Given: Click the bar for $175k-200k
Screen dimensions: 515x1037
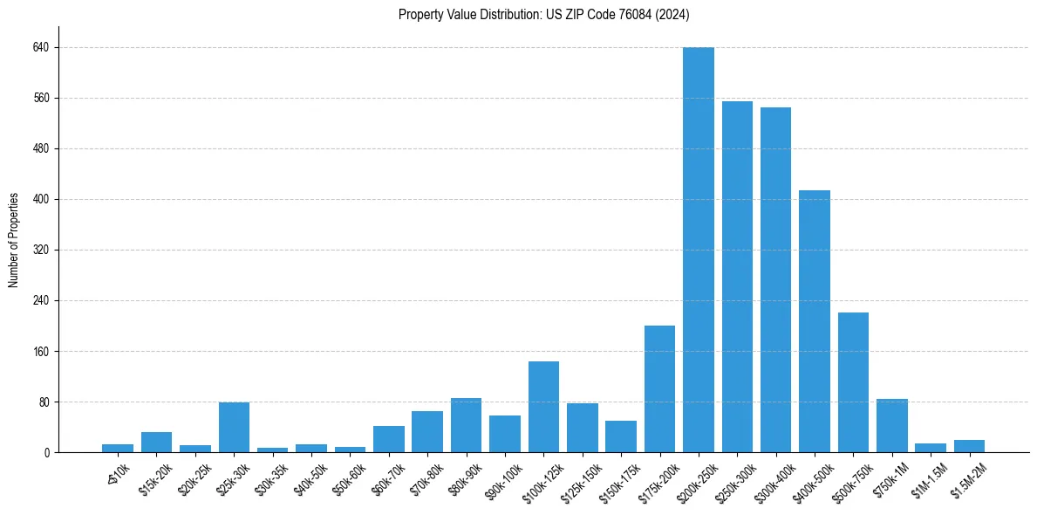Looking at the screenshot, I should click(x=659, y=389).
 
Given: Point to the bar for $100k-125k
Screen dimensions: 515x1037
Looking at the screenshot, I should click(x=543, y=407).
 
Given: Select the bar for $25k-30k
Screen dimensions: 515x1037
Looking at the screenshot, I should click(x=234, y=428).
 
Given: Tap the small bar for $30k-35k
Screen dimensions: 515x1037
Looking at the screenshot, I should click(x=272, y=450).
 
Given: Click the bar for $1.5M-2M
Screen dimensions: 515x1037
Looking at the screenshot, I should click(x=969, y=446).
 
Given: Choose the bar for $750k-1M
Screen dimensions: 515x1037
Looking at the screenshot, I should click(x=891, y=426).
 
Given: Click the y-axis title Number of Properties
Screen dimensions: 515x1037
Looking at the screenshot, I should click(x=13, y=240).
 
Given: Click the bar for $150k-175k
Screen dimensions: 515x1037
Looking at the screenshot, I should click(x=621, y=436).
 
